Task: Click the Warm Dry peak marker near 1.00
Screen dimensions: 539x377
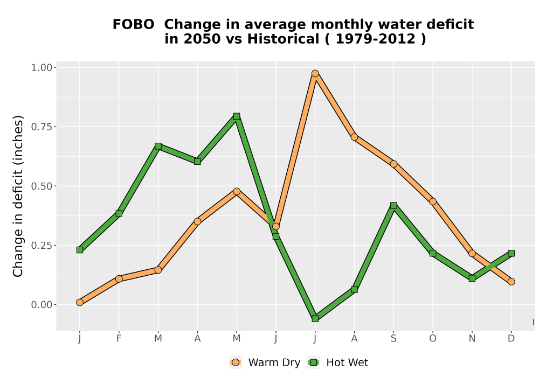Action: coord(315,73)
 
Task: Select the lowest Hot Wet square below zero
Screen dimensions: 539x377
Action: coord(315,319)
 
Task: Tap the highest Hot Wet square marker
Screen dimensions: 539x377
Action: coord(237,116)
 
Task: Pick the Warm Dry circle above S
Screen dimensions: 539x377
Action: coord(393,164)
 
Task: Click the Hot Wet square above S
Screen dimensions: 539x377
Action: coord(393,205)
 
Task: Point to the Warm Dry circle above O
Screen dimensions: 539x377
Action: coord(433,201)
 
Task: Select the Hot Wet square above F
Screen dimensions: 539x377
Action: coord(119,214)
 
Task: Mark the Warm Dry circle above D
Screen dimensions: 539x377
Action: coord(511,282)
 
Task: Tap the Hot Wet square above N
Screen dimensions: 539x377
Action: coord(472,278)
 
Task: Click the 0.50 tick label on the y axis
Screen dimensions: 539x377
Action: coord(42,186)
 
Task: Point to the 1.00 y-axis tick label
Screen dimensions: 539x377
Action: coord(42,68)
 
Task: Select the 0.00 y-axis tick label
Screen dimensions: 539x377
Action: coord(42,305)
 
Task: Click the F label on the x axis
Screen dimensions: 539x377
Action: coord(119,339)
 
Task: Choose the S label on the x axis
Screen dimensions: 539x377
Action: coord(393,339)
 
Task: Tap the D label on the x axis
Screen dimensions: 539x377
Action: coord(511,339)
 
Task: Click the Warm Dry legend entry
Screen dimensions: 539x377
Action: coord(265,362)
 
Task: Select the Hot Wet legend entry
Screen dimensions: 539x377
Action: coord(338,362)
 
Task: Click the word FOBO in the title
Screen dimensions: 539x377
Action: coord(133,25)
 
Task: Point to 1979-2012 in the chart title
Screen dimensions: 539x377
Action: coord(375,39)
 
